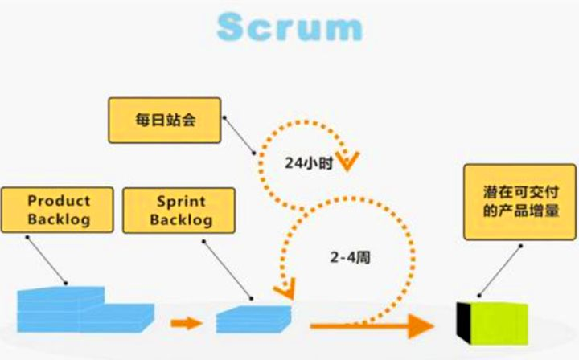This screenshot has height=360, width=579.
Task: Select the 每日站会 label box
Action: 165,120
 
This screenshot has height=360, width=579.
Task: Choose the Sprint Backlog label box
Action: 179,210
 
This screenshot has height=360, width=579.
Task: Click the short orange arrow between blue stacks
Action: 187,324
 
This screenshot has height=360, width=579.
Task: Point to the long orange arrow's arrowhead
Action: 417,325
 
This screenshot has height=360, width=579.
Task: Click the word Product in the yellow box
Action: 59,201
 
